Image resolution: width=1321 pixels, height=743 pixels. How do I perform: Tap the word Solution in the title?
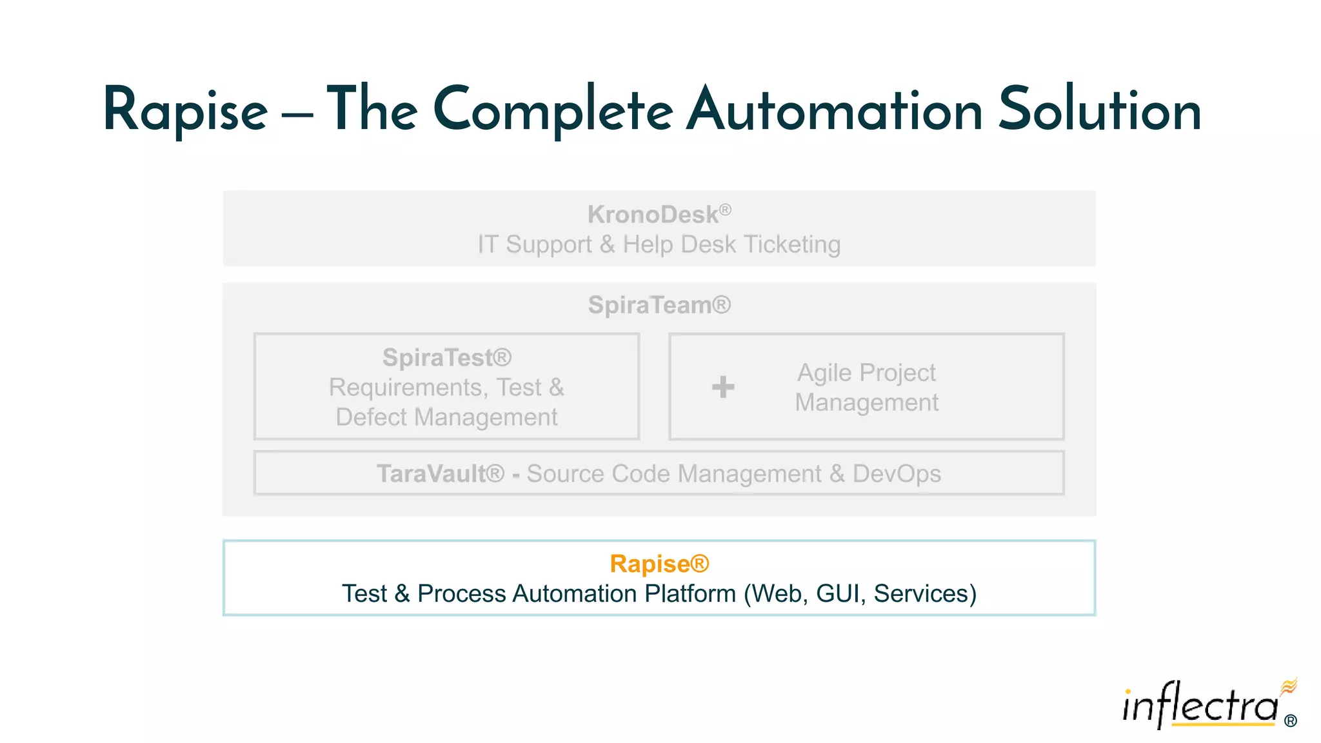pyautogui.click(x=1100, y=110)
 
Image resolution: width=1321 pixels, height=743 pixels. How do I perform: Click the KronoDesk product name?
pyautogui.click(x=653, y=215)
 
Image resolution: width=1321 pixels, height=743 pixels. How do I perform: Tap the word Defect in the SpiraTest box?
pyautogui.click(x=371, y=417)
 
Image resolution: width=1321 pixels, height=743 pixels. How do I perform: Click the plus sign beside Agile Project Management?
pyautogui.click(x=723, y=387)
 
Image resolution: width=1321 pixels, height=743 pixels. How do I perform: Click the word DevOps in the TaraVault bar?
pyautogui.click(x=897, y=474)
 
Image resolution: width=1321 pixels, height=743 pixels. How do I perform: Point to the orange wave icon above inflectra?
pyautogui.click(x=1289, y=686)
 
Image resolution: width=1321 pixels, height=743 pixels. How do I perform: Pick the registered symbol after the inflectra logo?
pyautogui.click(x=1291, y=721)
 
